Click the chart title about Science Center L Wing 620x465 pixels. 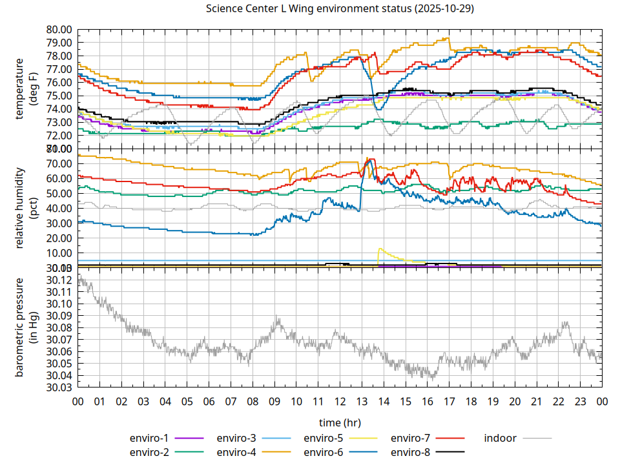click(x=340, y=8)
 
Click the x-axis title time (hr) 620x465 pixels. click(x=340, y=422)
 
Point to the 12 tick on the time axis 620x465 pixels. click(x=340, y=401)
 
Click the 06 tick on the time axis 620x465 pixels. click(x=209, y=401)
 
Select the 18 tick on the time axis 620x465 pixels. click(x=471, y=401)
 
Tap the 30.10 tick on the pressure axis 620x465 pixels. click(x=59, y=304)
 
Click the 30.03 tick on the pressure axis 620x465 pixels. click(x=59, y=387)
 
